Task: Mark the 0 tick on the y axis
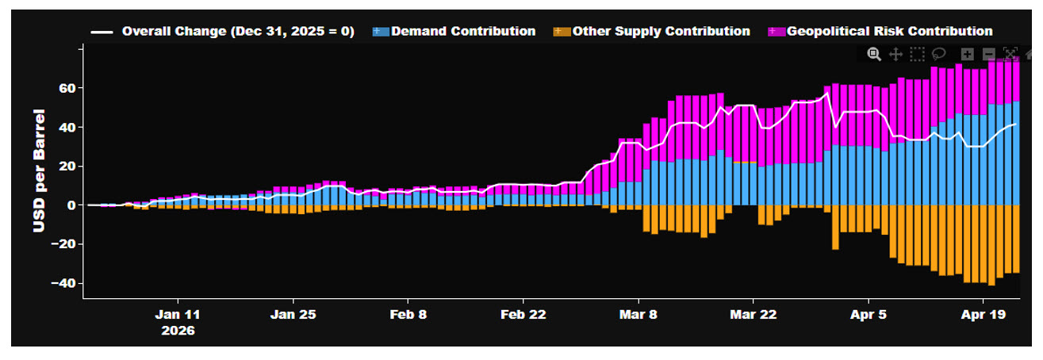(70, 205)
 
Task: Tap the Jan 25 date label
(293, 314)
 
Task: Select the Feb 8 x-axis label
(408, 314)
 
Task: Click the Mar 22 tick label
(753, 314)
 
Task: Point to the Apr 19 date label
(983, 314)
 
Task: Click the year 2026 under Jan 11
(178, 330)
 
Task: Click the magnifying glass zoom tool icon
(874, 54)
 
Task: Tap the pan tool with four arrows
(895, 54)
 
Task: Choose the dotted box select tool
(917, 54)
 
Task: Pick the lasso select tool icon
(938, 54)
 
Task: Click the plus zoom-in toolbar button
(967, 54)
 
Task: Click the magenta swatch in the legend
(776, 32)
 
